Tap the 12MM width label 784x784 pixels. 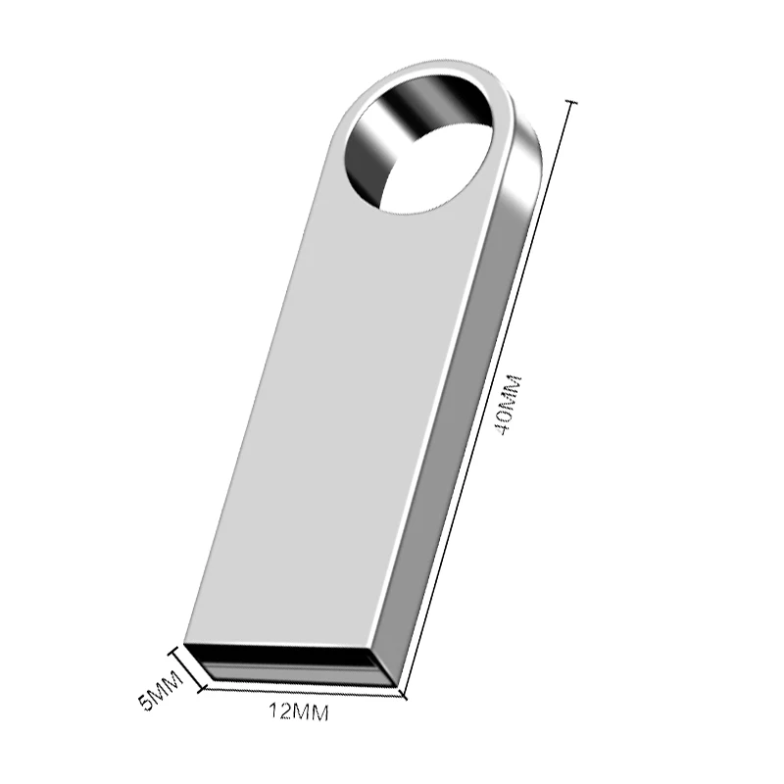pos(298,712)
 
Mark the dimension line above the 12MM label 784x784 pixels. pos(304,693)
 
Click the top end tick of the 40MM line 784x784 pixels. pos(571,102)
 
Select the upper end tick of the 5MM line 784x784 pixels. pos(177,648)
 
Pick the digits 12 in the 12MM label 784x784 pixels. pos(277,712)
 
